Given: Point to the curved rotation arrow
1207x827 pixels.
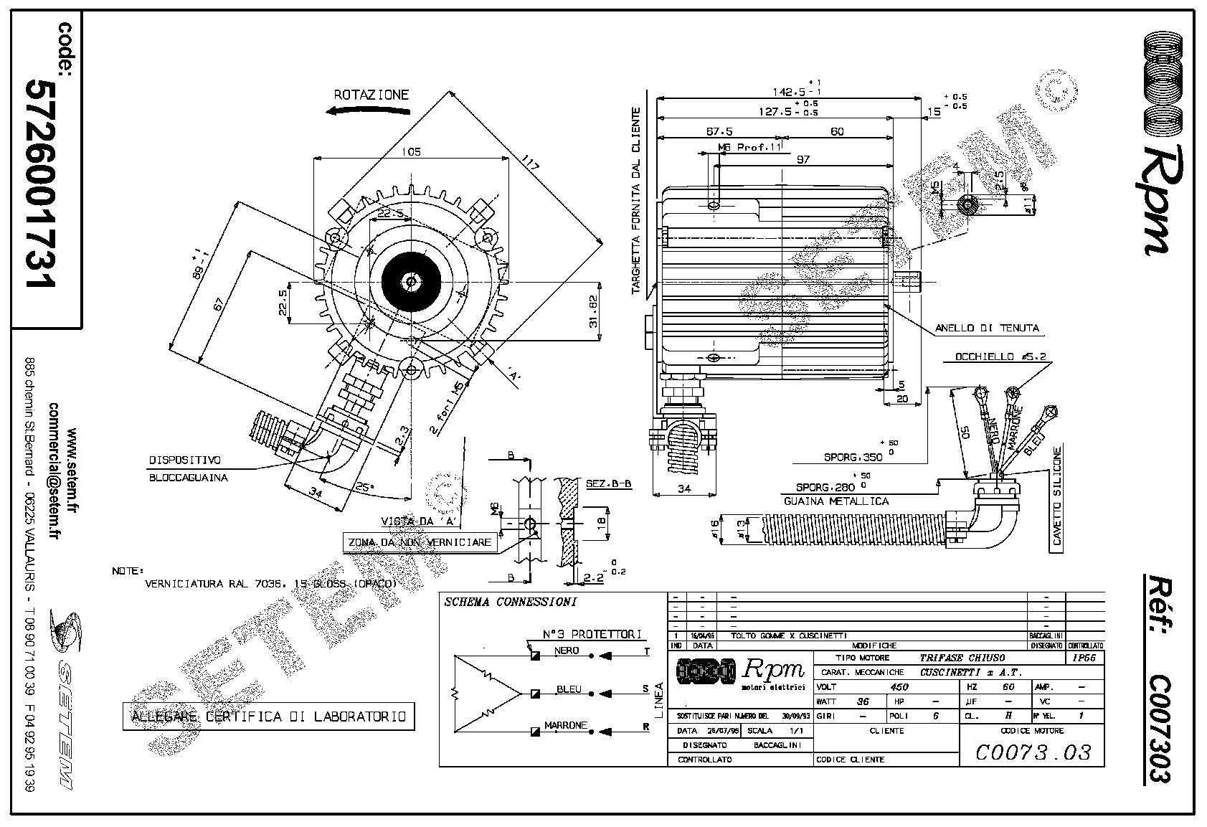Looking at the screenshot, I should pyautogui.click(x=366, y=110).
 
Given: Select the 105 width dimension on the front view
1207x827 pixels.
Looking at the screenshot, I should pyautogui.click(x=411, y=151).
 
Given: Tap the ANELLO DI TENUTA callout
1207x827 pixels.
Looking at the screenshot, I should pyautogui.click(x=986, y=329).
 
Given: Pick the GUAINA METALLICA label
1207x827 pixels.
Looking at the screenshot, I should pyautogui.click(x=836, y=501).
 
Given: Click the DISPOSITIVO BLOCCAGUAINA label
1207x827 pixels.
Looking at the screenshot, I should pyautogui.click(x=184, y=468).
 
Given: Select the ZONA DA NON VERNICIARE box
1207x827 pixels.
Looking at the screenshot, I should pyautogui.click(x=419, y=542).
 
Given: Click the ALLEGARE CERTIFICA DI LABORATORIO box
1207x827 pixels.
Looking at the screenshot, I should pyautogui.click(x=268, y=717).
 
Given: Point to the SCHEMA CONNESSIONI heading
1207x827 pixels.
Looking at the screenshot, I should pyautogui.click(x=510, y=602).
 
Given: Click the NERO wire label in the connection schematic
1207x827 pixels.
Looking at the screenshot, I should pyautogui.click(x=566, y=651).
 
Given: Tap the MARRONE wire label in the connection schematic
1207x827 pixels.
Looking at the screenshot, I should pyautogui.click(x=566, y=726).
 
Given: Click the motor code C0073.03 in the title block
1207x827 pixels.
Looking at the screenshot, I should pyautogui.click(x=1033, y=752).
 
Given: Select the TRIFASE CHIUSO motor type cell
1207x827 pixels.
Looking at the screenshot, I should pyautogui.click(x=962, y=658).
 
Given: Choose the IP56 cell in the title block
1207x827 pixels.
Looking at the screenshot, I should pyautogui.click(x=1085, y=658).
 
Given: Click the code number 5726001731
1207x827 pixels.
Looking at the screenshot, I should pyautogui.click(x=41, y=183).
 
